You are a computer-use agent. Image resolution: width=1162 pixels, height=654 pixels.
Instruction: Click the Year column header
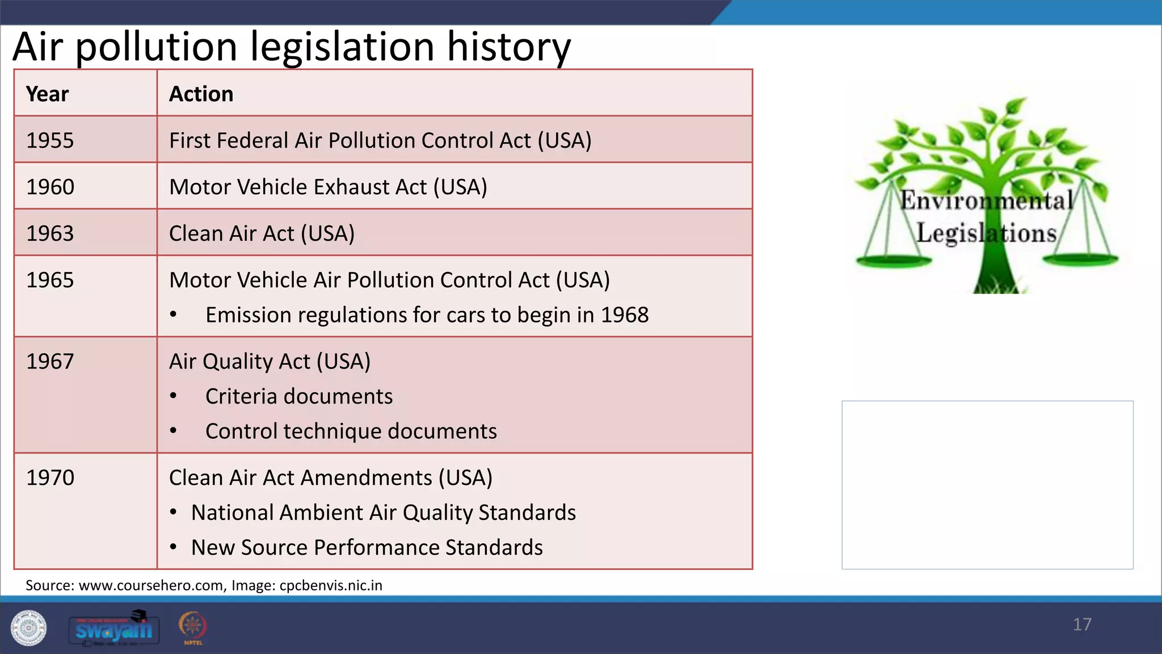coord(48,94)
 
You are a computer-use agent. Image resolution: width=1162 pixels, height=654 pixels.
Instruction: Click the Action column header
coord(201,94)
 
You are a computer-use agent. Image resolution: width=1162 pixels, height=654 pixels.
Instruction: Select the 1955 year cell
coord(50,140)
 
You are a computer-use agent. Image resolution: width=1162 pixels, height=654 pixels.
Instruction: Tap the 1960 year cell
coord(50,187)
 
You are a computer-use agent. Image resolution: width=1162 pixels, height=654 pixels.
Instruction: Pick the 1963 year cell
coord(50,233)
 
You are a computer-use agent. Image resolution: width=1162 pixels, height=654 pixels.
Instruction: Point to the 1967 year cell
coord(50,361)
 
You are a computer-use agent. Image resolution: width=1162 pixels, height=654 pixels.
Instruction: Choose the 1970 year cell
coord(50,477)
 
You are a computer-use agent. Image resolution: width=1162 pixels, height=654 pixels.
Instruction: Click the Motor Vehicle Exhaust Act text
coord(328,187)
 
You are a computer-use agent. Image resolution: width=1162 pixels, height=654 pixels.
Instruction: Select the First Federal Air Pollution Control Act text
coord(380,140)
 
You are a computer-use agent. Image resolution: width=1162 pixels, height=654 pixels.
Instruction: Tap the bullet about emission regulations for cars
coord(427,315)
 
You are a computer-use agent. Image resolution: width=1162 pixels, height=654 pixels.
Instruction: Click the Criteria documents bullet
coord(298,396)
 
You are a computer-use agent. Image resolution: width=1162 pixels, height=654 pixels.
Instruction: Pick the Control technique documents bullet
coord(351,431)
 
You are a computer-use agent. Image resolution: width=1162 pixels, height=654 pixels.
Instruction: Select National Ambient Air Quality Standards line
coord(384,513)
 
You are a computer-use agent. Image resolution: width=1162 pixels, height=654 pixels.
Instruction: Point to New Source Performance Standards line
coord(367,547)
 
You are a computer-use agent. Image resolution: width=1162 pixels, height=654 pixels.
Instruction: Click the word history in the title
coord(508,47)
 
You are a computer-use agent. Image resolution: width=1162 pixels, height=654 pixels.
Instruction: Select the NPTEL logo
coord(193,627)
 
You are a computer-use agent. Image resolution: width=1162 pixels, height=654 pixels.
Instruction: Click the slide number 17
coord(1081,624)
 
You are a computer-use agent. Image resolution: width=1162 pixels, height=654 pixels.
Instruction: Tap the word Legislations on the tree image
coord(986,233)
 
